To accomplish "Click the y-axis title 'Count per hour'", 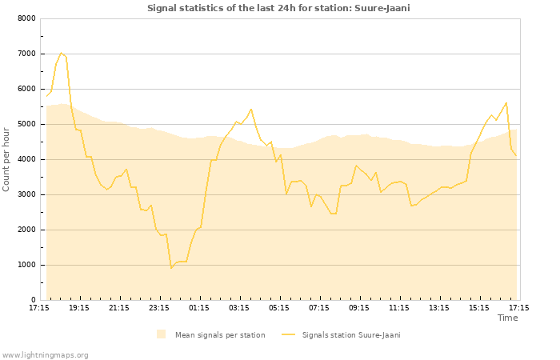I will pos(7,158).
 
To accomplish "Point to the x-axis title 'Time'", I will pos(507,318).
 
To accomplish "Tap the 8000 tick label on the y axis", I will pos(26,18).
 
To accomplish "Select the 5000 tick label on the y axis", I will pos(26,124).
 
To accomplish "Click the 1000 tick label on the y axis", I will pos(26,265).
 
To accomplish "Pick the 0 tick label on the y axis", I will pos(33,300).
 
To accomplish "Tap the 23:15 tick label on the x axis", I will pos(159,307).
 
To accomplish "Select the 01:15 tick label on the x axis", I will pos(199,307).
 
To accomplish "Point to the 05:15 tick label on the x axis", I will pos(279,307).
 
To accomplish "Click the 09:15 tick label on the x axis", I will pos(359,307).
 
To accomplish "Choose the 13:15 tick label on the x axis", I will pos(439,307).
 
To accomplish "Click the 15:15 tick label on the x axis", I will pos(479,307).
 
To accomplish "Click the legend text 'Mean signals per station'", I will pos(220,335).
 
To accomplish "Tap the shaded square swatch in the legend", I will pos(162,334).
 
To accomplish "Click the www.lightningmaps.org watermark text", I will pos(46,354).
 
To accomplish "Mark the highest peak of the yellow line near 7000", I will pos(61,53).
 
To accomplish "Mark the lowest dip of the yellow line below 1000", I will pos(171,268).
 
